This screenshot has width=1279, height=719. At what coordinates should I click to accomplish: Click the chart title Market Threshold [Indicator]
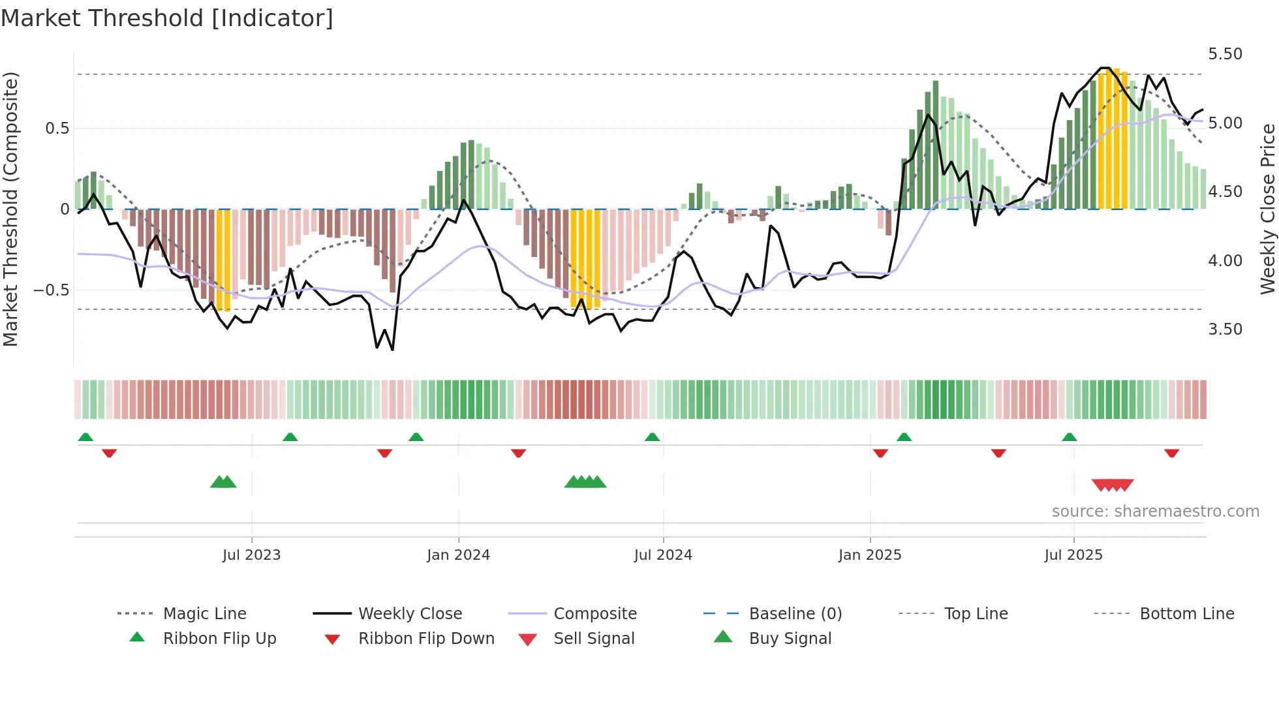167,18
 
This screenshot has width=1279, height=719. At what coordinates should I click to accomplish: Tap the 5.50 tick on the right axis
1225,54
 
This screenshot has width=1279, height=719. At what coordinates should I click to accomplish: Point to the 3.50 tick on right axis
1225,329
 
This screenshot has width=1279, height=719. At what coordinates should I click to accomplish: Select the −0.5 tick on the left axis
51,290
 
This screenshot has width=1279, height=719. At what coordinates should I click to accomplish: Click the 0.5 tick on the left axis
57,129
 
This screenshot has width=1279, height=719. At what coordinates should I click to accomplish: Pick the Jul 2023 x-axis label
251,555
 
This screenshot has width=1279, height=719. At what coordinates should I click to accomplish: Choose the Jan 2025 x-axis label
870,555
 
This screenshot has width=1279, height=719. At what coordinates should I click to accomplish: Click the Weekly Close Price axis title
1267,209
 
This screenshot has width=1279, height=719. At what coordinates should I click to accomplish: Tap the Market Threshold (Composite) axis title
10,209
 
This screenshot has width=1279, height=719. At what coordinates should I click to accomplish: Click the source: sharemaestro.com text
1155,512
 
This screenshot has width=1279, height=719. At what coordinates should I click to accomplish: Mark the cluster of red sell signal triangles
1113,485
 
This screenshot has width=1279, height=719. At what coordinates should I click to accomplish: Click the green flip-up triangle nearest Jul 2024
652,437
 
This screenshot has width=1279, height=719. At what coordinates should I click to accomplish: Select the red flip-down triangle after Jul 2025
1171,453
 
